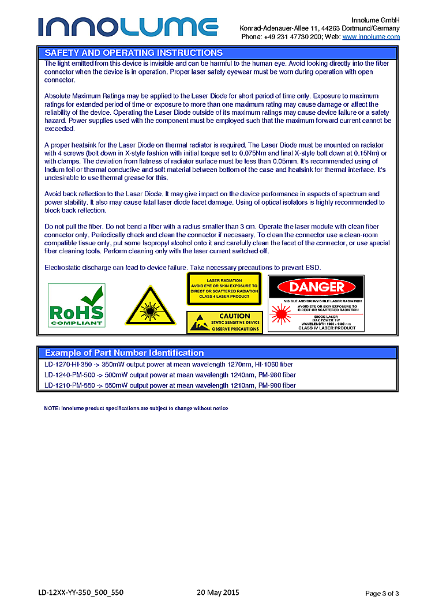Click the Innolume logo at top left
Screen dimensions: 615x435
click(x=128, y=27)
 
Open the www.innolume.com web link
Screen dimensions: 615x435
click(x=371, y=36)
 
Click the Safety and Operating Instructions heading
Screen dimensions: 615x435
click(x=134, y=52)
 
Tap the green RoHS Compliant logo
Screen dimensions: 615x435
click(x=76, y=305)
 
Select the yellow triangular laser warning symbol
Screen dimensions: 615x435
click(x=150, y=306)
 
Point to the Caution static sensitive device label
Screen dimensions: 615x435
click(x=224, y=322)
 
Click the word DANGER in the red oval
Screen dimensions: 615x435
click(x=316, y=287)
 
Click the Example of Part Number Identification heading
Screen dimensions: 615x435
click(x=124, y=352)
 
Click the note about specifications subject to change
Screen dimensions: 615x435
click(x=136, y=408)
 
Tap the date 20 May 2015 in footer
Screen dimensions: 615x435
click(x=217, y=592)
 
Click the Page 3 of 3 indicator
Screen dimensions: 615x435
click(x=382, y=593)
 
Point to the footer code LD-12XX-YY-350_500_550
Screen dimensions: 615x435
click(x=81, y=592)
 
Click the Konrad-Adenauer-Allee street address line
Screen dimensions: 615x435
click(x=319, y=28)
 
